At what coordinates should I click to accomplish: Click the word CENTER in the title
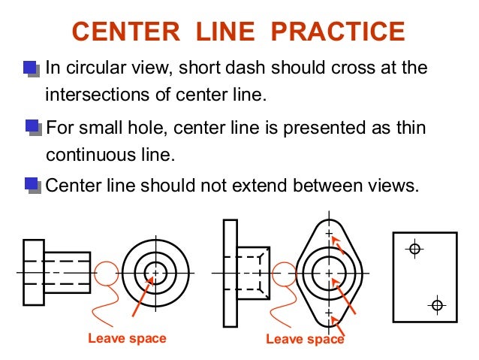click(x=126, y=32)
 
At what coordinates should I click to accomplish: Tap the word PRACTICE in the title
click(x=338, y=32)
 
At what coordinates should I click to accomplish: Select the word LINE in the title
click(x=225, y=32)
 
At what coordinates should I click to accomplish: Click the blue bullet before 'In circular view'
click(x=32, y=69)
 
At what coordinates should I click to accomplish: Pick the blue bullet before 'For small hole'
click(x=33, y=128)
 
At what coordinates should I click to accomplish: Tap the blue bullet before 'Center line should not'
click(x=33, y=186)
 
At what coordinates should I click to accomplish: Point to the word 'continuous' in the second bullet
click(x=91, y=155)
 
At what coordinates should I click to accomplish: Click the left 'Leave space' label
click(x=127, y=339)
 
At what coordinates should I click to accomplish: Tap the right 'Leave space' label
click(x=305, y=339)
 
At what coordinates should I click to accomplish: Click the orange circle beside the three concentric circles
click(x=95, y=273)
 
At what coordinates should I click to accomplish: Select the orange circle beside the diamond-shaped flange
click(x=272, y=274)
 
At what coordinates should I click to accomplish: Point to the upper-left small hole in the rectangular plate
click(x=414, y=249)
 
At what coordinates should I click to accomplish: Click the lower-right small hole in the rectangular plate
click(x=437, y=305)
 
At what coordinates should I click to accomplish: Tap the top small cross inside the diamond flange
click(x=329, y=234)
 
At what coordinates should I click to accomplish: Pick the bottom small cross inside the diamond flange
click(x=329, y=313)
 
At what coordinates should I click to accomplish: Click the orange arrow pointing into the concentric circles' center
click(x=143, y=296)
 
